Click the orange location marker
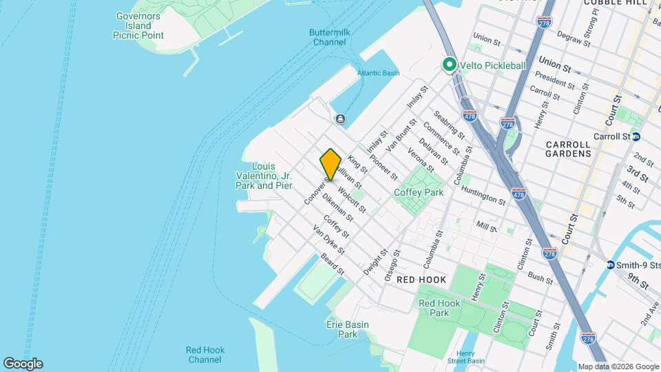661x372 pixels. (330, 165)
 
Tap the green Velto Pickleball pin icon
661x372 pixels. (450, 65)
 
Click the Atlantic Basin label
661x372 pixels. (378, 73)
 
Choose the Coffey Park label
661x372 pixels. (419, 193)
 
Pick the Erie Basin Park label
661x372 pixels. (347, 329)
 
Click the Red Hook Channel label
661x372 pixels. (204, 355)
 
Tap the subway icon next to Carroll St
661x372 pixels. (636, 136)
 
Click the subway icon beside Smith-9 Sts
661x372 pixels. (610, 265)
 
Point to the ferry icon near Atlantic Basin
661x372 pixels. (340, 118)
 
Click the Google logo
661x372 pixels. (22, 364)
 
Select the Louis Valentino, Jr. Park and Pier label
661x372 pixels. (264, 176)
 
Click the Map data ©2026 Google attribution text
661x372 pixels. (618, 366)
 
